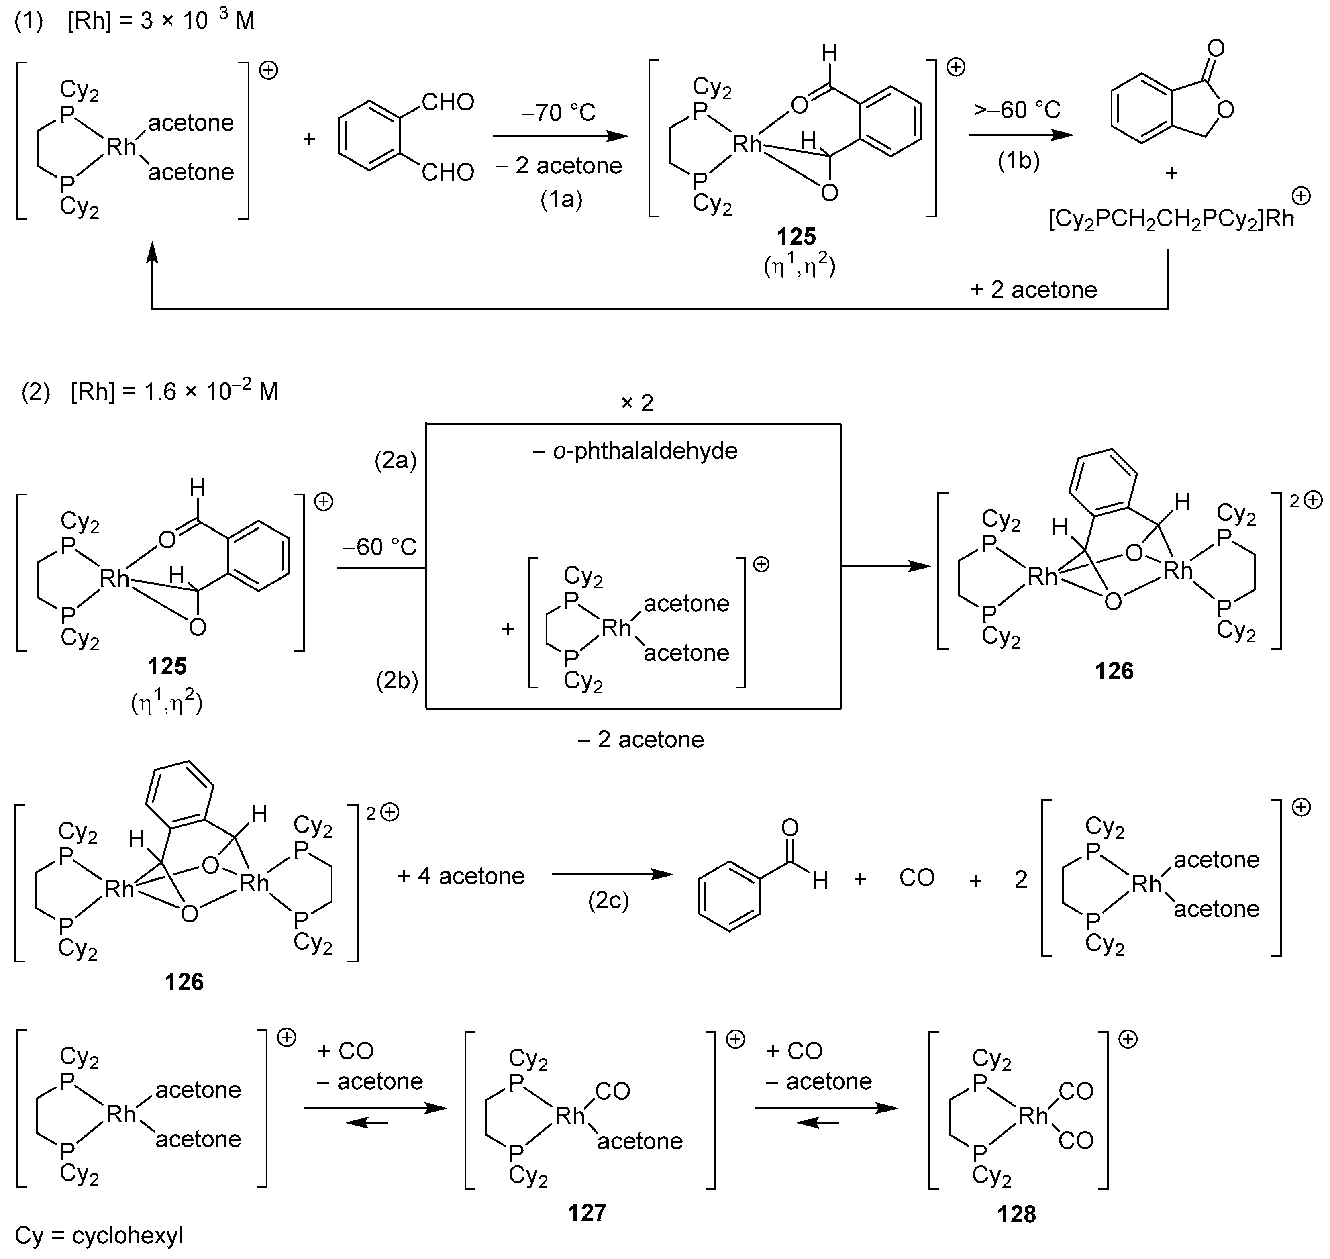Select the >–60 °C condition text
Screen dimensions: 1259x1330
point(1017,109)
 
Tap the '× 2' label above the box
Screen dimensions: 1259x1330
point(636,403)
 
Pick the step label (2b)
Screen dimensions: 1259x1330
point(397,681)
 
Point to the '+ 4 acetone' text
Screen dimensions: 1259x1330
point(461,876)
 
